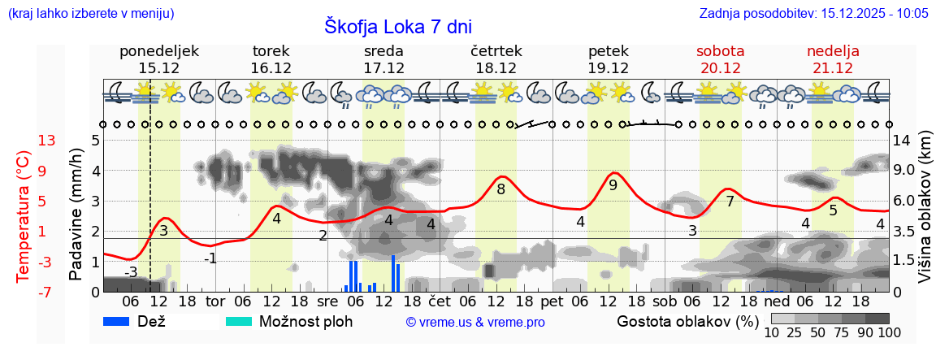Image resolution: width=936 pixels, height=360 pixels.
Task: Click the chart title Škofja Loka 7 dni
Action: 398,26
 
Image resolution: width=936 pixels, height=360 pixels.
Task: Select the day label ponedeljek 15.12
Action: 159,59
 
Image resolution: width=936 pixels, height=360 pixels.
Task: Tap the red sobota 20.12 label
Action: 720,59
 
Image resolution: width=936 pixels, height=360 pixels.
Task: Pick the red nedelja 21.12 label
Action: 833,59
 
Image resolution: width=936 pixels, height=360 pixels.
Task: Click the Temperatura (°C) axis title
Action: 23,216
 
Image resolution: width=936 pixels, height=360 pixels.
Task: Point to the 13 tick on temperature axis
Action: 47,141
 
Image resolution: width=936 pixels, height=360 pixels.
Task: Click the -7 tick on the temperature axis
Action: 47,292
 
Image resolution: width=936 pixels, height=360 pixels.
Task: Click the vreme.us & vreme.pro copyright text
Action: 475,322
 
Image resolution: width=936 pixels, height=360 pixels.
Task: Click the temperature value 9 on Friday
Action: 613,185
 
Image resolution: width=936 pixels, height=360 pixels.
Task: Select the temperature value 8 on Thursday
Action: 500,189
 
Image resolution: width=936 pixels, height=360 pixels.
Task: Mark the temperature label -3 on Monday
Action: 131,271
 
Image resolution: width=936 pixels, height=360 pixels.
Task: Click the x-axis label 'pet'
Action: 552,301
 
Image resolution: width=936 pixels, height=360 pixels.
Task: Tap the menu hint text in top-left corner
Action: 90,14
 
